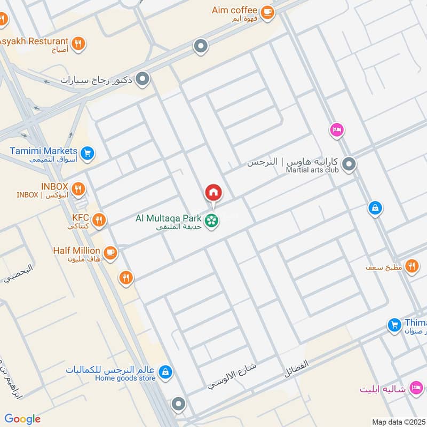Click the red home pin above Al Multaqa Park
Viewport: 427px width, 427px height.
click(213, 192)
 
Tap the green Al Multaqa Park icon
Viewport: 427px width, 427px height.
click(212, 220)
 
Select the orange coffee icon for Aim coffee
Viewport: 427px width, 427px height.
click(267, 13)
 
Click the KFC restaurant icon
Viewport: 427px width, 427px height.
click(99, 219)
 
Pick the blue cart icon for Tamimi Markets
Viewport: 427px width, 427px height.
click(88, 154)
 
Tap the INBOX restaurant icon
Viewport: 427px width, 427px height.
click(78, 188)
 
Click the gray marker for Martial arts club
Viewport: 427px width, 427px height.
click(349, 164)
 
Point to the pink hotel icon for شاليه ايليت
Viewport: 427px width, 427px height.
click(416, 386)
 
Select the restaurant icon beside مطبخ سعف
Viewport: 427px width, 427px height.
click(412, 266)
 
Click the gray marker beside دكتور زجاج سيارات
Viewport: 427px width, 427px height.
click(143, 80)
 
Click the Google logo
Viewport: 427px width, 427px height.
click(22, 418)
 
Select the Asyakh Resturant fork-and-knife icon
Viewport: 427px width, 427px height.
click(78, 43)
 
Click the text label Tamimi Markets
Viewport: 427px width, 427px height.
click(43, 151)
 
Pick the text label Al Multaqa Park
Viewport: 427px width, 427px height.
click(169, 218)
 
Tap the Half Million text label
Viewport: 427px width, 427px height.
click(76, 250)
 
